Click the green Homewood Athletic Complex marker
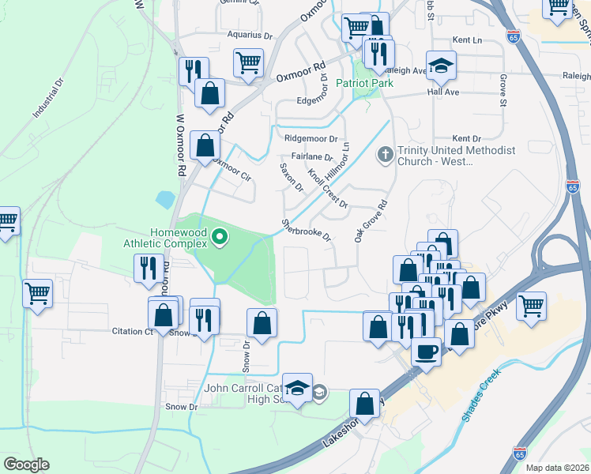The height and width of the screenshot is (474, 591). (222, 236)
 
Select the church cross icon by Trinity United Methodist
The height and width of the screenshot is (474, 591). (386, 154)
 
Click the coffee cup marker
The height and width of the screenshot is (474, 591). (427, 350)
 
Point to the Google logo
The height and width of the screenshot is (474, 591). (26, 465)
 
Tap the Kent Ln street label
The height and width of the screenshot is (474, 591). (467, 39)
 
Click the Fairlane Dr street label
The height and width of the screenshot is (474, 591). (312, 157)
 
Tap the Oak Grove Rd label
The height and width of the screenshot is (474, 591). (371, 220)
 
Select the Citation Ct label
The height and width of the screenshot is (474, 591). (132, 332)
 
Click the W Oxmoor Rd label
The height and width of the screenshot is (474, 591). (180, 146)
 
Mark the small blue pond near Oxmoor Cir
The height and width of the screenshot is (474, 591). (165, 199)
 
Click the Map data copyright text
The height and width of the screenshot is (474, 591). (558, 468)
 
